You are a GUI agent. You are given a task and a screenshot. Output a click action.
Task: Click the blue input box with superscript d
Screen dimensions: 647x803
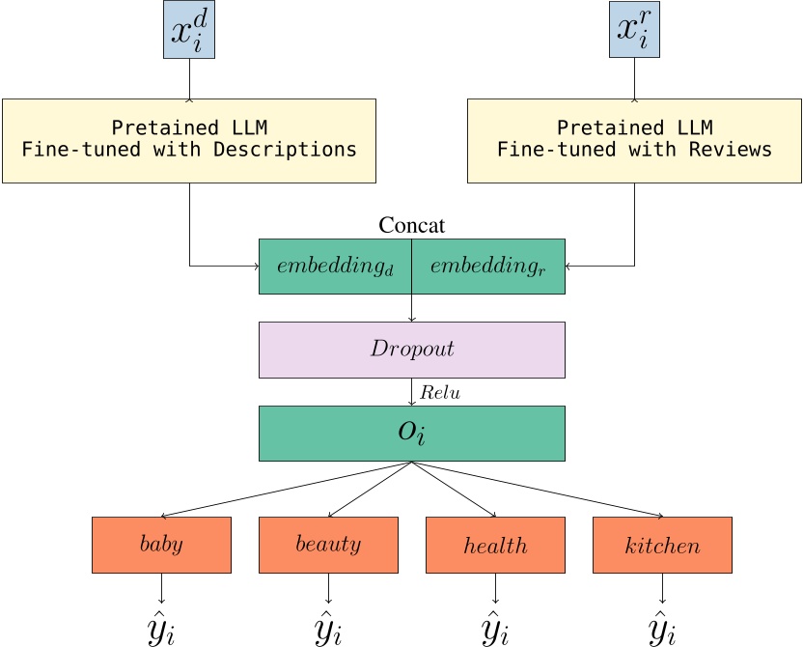188,30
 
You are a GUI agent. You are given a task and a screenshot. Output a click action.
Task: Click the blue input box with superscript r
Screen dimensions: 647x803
634,30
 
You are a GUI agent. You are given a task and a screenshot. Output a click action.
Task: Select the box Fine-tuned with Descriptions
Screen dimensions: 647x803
188,140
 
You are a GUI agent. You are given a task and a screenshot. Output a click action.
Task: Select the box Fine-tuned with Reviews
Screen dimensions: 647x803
634,140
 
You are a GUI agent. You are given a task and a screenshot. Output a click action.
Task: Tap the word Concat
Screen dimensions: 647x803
411,226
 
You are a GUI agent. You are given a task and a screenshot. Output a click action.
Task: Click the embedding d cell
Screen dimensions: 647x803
335,267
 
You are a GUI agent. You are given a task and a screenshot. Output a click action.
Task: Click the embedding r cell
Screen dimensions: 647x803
488,267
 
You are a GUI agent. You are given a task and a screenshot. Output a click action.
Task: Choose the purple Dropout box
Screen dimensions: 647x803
411,350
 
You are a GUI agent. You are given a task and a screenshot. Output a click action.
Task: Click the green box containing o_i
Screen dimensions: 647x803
411,433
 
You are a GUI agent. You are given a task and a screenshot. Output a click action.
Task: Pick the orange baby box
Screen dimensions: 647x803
161,545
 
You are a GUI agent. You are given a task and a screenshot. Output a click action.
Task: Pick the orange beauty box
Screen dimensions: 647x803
328,545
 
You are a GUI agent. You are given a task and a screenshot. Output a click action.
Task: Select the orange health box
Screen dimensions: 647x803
495,545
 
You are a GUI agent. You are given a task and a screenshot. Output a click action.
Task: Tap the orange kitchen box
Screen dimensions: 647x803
662,545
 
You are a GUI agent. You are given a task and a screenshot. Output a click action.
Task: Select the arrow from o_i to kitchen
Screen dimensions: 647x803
540,490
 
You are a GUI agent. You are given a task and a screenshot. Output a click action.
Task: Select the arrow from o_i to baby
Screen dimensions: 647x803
285,490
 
